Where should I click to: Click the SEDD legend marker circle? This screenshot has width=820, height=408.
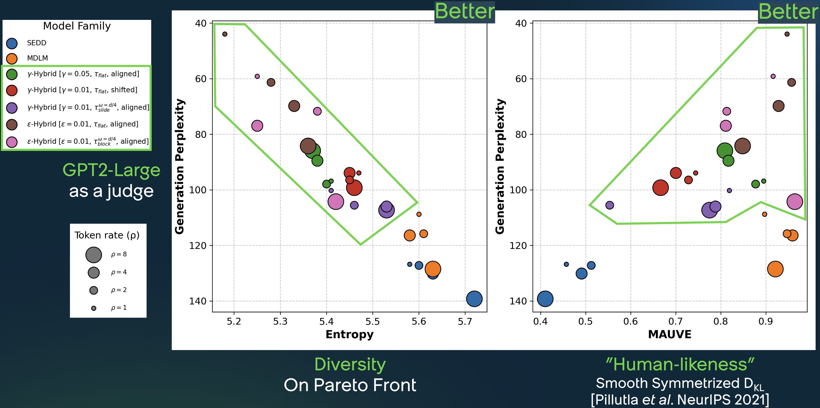[x=12, y=43]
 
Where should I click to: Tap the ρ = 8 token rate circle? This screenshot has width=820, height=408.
[x=93, y=255]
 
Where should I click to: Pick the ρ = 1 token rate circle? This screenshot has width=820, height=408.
[x=93, y=308]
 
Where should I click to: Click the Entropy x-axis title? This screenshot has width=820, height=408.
[x=349, y=335]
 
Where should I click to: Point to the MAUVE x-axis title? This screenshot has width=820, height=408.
[x=669, y=335]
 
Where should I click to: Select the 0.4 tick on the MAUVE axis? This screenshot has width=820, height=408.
[x=540, y=322]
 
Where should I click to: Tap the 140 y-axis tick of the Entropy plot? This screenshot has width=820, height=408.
[x=198, y=301]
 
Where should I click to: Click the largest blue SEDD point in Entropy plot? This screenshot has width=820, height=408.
[x=474, y=299]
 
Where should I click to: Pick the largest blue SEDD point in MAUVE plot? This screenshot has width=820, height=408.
[x=545, y=299]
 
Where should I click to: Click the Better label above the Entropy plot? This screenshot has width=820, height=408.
[x=464, y=12]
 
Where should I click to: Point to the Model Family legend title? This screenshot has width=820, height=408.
[x=77, y=26]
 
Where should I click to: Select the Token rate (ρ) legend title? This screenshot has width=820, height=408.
[x=107, y=235]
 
